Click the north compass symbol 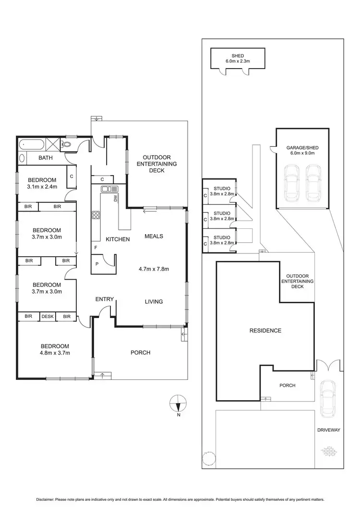[178, 403]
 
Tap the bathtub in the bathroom [31, 144]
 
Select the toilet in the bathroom [66, 144]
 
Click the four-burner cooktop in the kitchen [96, 215]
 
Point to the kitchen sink [107, 189]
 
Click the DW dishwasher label [116, 198]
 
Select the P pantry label [97, 263]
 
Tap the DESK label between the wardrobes [47, 316]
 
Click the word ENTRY [104, 299]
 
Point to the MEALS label [154, 236]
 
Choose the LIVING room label [154, 302]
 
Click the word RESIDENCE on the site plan [265, 331]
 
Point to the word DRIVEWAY [328, 430]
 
